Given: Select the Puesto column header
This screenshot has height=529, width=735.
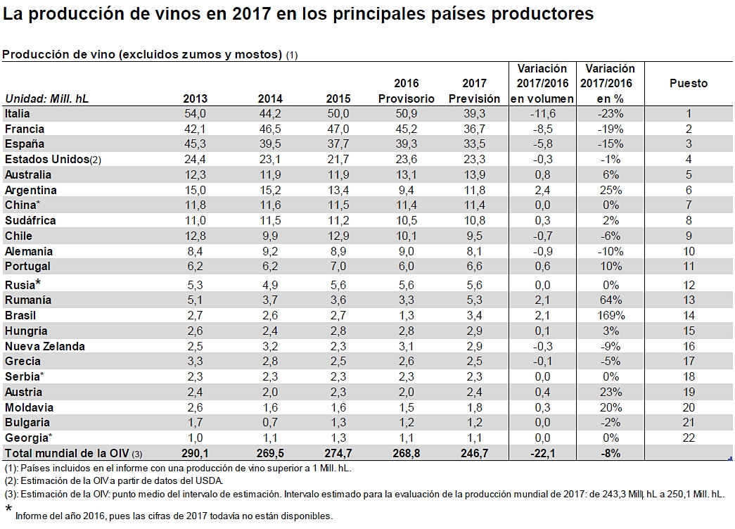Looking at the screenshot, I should click(688, 84).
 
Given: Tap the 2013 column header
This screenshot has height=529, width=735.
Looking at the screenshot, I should click(195, 98).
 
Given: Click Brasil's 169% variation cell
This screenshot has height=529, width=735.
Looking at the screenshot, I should click(610, 315).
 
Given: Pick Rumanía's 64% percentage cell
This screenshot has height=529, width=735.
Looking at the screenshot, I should click(610, 300).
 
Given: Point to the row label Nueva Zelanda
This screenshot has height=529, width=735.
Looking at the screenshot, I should click(44, 346).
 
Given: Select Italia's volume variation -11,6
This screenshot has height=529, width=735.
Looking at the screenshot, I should click(542, 113).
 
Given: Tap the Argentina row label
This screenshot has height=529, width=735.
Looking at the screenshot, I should click(30, 190).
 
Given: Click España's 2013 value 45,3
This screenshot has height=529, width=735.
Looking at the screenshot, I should click(194, 144).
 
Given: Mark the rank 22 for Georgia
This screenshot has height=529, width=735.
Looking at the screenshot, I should click(689, 438).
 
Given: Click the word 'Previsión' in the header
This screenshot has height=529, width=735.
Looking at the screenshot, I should click(475, 98).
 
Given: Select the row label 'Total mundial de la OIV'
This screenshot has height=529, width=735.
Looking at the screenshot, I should click(67, 454).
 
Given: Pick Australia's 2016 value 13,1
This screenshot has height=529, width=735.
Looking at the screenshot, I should click(407, 174).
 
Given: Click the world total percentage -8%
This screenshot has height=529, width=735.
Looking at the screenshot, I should click(610, 454).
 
